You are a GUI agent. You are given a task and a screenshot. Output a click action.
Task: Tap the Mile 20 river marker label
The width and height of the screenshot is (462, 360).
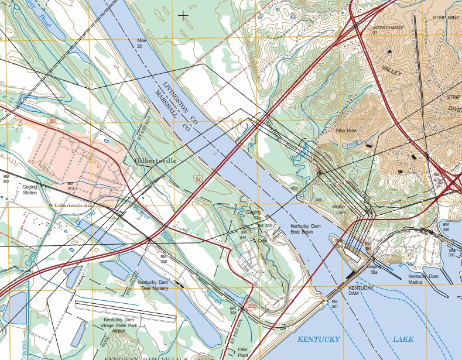coord(140,43)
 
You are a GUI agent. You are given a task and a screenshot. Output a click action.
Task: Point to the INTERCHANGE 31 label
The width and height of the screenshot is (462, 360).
coord(388,30)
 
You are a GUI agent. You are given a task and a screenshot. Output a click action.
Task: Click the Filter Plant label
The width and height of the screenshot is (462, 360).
coord(243,352)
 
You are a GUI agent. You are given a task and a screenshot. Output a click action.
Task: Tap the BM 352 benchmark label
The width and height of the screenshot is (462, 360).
coord(6,179)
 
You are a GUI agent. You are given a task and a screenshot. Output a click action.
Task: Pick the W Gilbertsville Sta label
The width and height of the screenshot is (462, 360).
coord(70,205)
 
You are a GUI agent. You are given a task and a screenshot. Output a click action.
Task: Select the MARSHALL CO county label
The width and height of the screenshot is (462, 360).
coord(170,111)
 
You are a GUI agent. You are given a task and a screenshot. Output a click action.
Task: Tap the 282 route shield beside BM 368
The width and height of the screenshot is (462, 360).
coord(252,306)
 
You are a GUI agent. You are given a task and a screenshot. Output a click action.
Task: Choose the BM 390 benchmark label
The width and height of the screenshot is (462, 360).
coord(446,227)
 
